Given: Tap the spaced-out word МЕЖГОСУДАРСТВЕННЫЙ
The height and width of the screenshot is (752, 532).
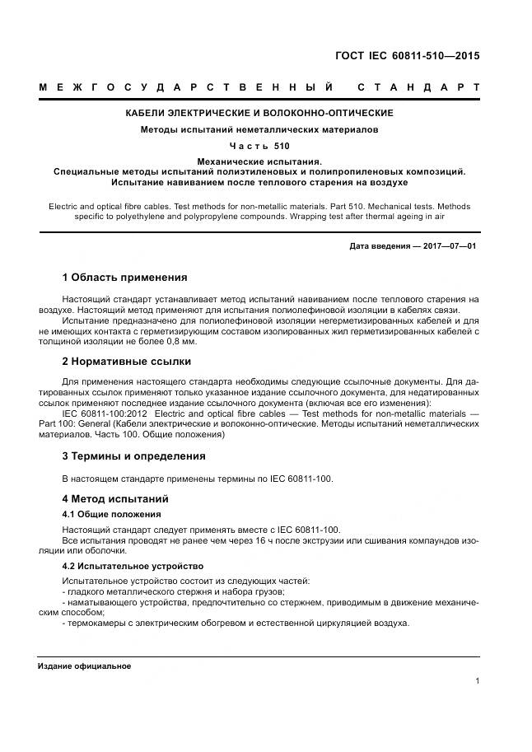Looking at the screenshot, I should click(x=185, y=86).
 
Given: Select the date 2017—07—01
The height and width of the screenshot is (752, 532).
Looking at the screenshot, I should click(x=449, y=246).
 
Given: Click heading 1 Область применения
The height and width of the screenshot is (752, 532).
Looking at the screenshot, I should click(x=124, y=277).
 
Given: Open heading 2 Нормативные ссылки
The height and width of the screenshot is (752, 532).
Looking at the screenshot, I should click(x=127, y=361).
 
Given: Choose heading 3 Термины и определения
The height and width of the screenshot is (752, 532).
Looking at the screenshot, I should click(x=133, y=455).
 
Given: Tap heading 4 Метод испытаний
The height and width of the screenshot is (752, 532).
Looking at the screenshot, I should click(x=115, y=498).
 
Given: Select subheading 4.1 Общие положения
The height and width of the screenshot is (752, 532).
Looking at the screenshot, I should click(x=112, y=514).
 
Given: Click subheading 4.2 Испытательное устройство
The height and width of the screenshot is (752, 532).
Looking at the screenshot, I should click(x=133, y=567).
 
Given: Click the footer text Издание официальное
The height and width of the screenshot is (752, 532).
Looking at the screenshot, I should click(x=84, y=666).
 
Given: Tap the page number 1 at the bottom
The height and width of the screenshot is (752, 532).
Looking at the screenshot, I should click(x=478, y=680).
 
